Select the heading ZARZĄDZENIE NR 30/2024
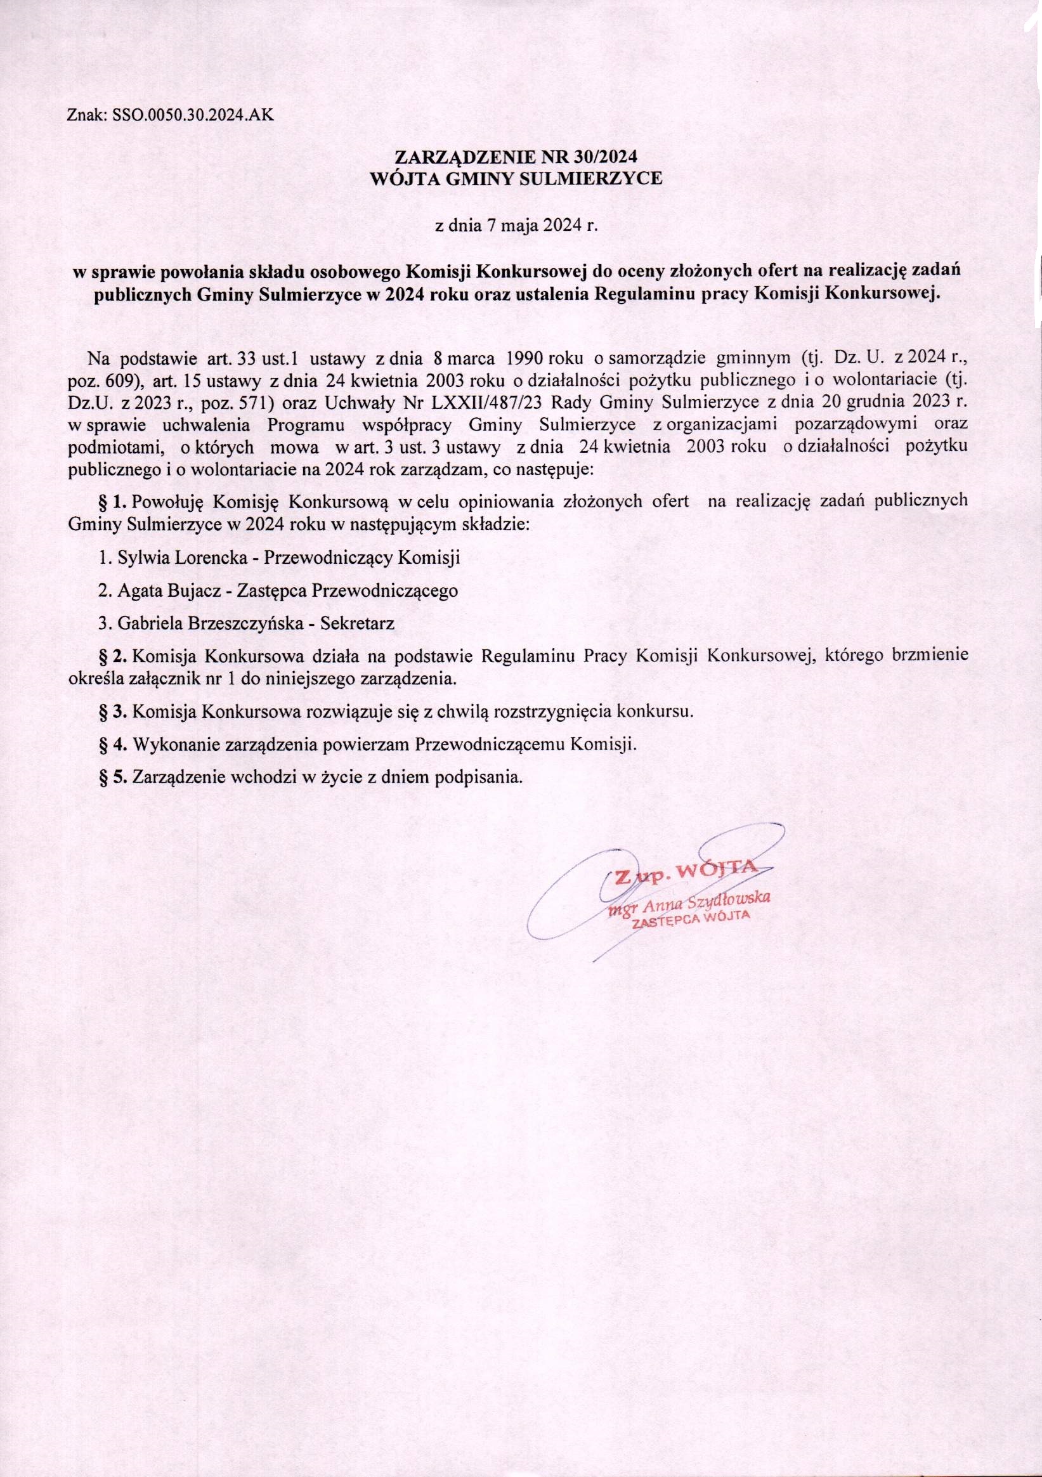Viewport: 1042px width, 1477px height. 518,159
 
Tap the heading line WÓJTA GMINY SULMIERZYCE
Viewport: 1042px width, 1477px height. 518,179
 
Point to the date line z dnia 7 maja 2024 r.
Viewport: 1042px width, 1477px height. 518,226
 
